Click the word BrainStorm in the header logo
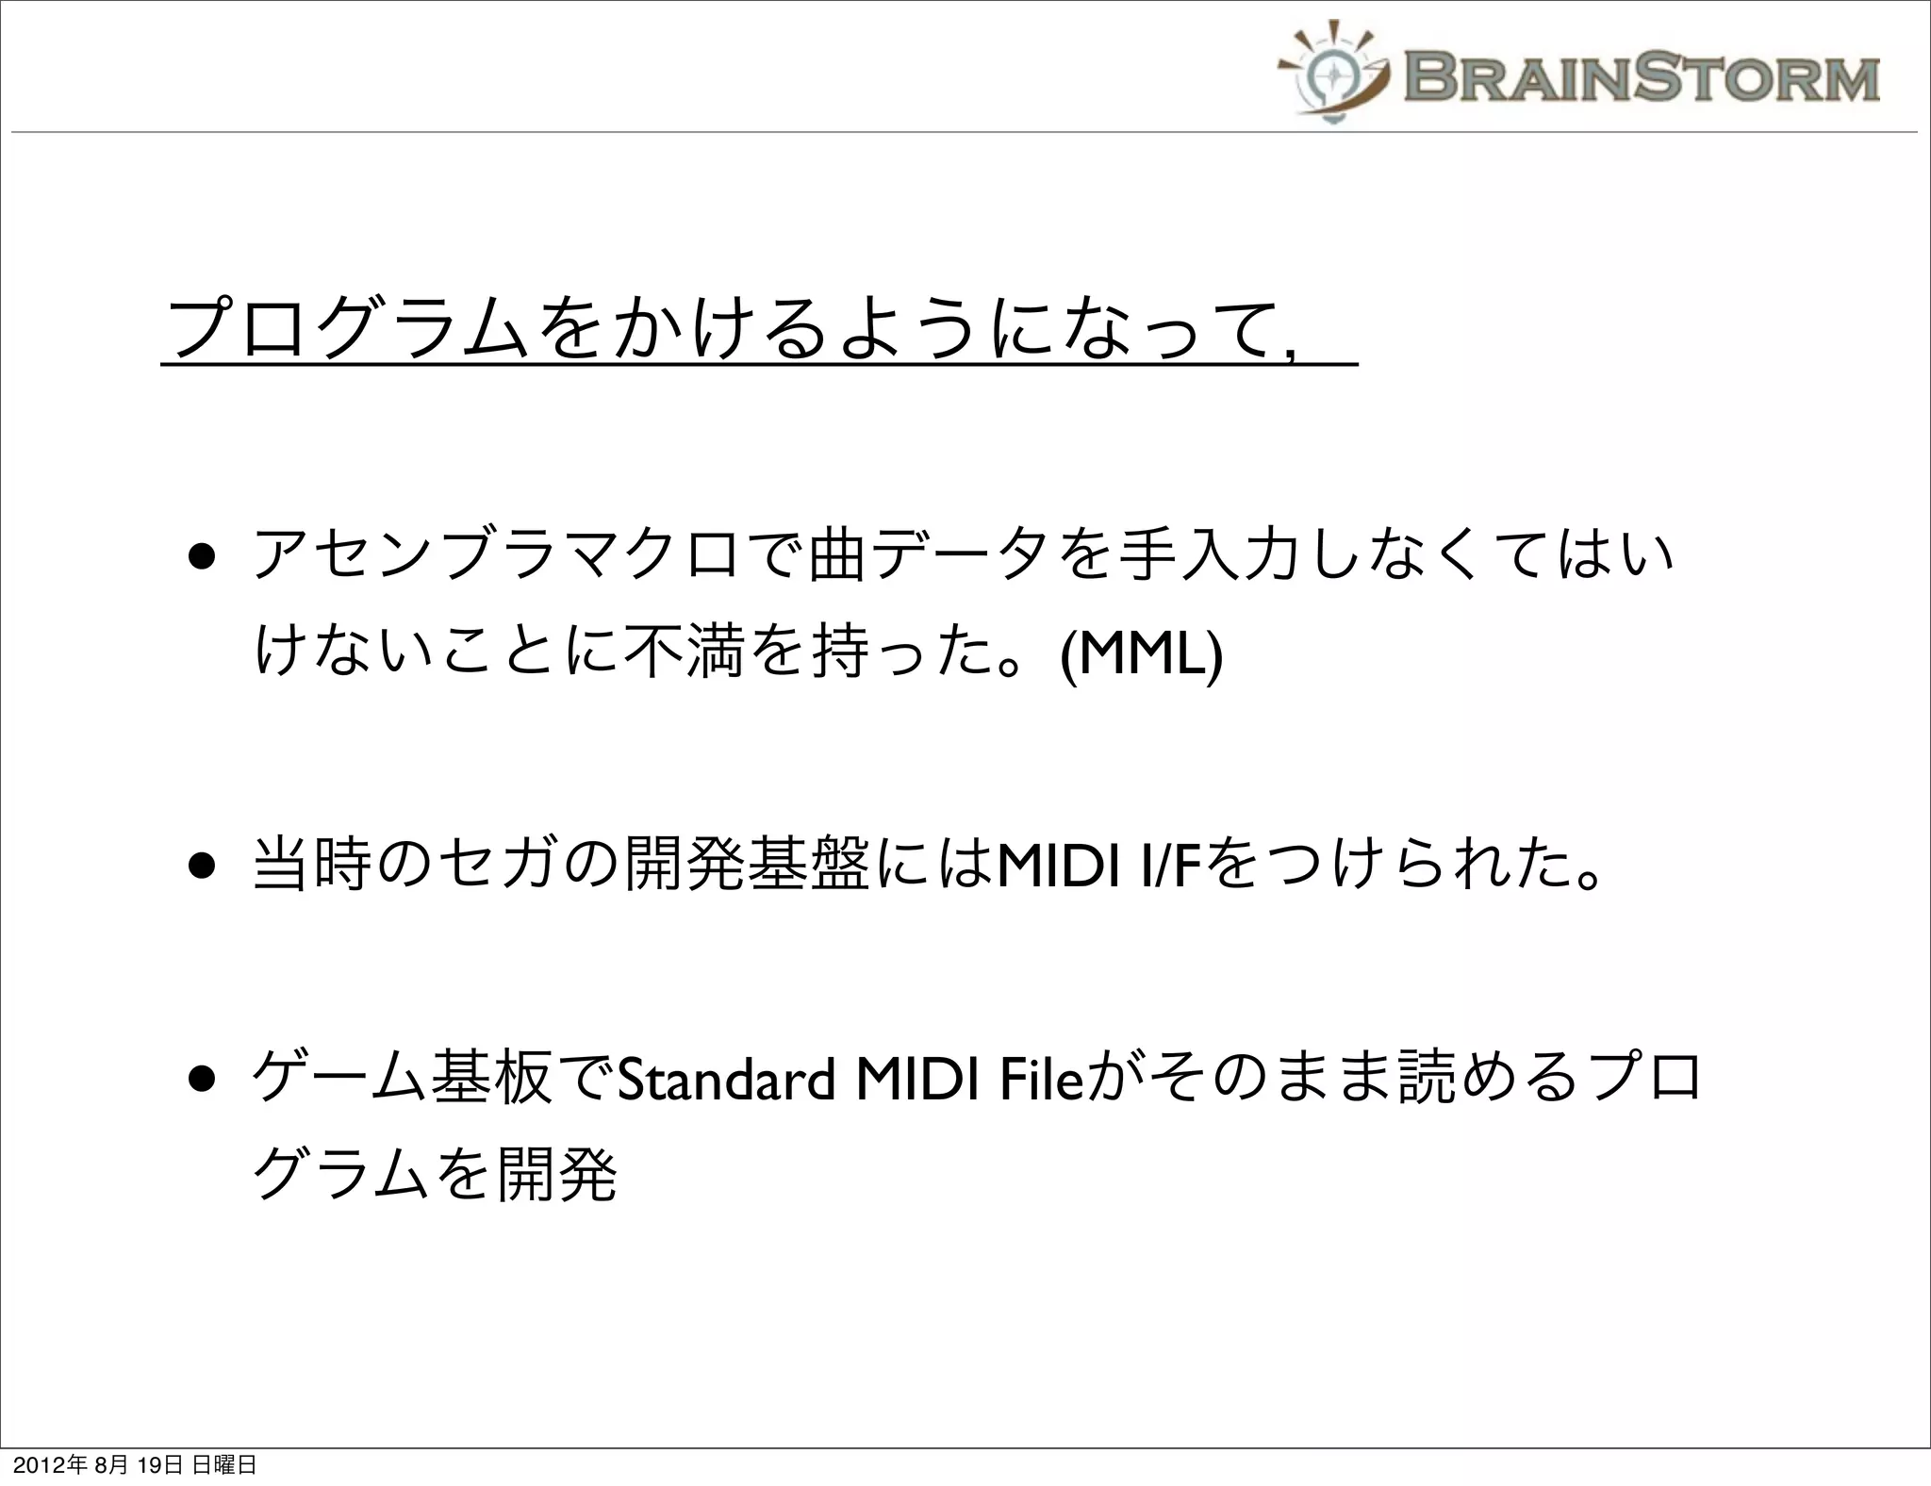pyautogui.click(x=1641, y=77)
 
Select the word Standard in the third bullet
pyautogui.click(x=725, y=1079)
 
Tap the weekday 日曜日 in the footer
pyautogui.click(x=223, y=1465)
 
